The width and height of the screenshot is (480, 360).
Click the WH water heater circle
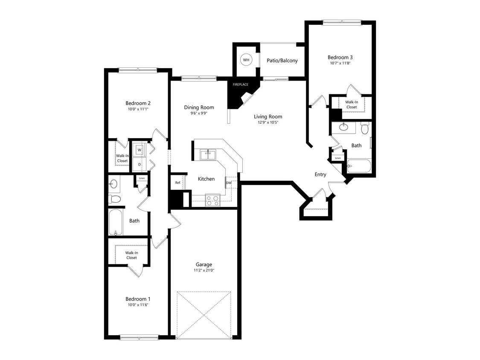pos(246,60)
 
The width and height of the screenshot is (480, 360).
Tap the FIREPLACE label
pos(240,84)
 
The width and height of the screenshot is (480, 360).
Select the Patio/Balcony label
pos(282,61)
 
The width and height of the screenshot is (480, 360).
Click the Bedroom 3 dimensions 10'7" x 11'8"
pos(340,63)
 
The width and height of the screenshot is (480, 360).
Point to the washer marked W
pos(140,150)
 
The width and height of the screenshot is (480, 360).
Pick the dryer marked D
pos(140,164)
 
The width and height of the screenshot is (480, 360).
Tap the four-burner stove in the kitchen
pos(212,200)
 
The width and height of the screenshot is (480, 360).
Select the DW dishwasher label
pos(229,183)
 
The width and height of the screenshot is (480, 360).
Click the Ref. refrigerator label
pos(178,183)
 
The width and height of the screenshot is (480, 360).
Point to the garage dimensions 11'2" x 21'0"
pos(204,270)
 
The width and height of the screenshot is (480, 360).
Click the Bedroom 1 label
pos(138,299)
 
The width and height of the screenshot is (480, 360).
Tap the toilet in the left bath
pos(115,199)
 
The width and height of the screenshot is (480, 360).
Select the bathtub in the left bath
pos(116,222)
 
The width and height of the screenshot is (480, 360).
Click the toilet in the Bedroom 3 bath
pos(364,128)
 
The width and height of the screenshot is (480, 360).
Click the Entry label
pos(320,174)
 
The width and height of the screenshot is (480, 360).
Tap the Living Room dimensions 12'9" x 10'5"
pos(268,122)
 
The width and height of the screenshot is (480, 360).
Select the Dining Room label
pos(199,107)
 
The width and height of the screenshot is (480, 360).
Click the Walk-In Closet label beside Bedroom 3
pos(352,105)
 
